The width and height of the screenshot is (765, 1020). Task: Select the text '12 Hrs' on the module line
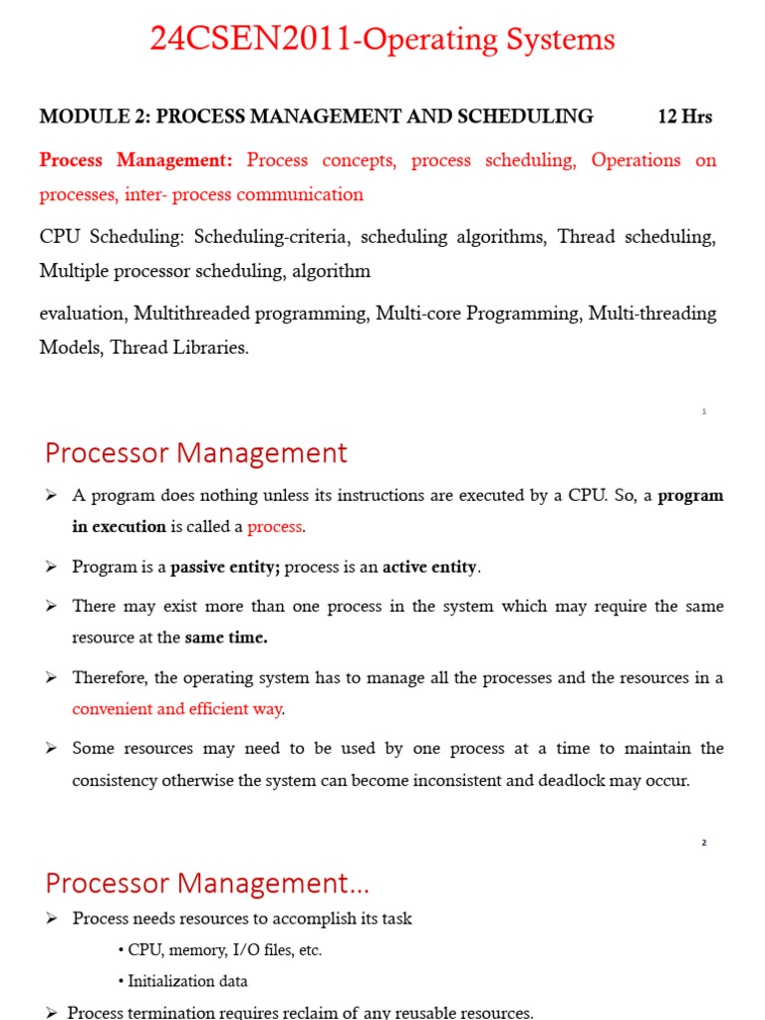coord(685,117)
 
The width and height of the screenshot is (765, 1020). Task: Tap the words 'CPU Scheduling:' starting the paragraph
coord(113,237)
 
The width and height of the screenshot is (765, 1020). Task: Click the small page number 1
coord(704,411)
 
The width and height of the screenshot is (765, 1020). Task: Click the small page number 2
coord(704,843)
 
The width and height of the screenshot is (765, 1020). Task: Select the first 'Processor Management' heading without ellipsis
coord(196,453)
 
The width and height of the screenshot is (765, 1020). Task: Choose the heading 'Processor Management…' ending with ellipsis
coord(207,884)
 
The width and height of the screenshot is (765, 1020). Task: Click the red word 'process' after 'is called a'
coord(274,527)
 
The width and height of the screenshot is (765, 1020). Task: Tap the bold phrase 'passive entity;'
coord(226,567)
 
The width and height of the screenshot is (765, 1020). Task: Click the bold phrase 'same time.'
coord(226,637)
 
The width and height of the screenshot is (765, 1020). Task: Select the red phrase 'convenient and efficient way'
coord(177,709)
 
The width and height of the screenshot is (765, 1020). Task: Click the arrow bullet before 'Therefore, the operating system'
coord(51,678)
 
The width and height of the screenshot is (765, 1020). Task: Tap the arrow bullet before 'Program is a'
coord(51,567)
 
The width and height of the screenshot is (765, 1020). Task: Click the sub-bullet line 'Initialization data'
coord(187,981)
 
